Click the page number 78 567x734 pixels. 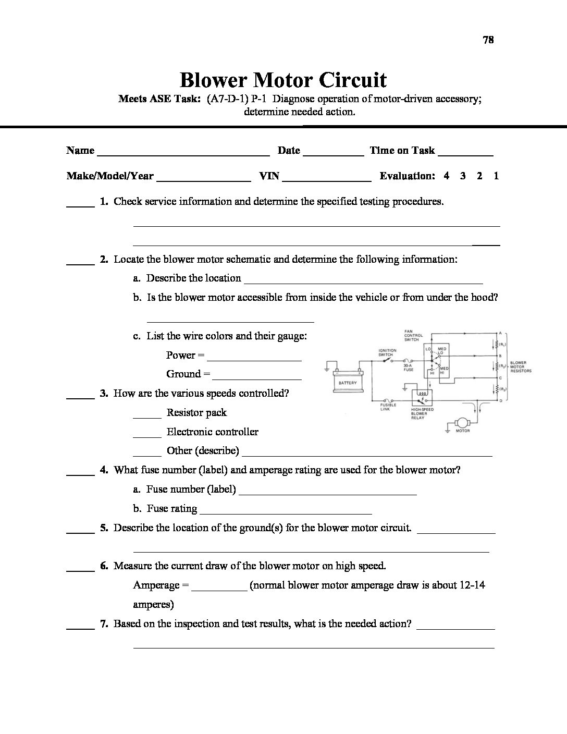pos(488,40)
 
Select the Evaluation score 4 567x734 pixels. pos(447,176)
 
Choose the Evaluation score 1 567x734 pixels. pos(496,176)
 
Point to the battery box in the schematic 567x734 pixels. pos(348,383)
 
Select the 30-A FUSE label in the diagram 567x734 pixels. pos(408,368)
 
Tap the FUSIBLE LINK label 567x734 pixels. pos(388,407)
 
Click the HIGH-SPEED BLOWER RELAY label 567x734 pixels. pos(421,413)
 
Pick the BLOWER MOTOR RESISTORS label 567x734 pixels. pos(521,366)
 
